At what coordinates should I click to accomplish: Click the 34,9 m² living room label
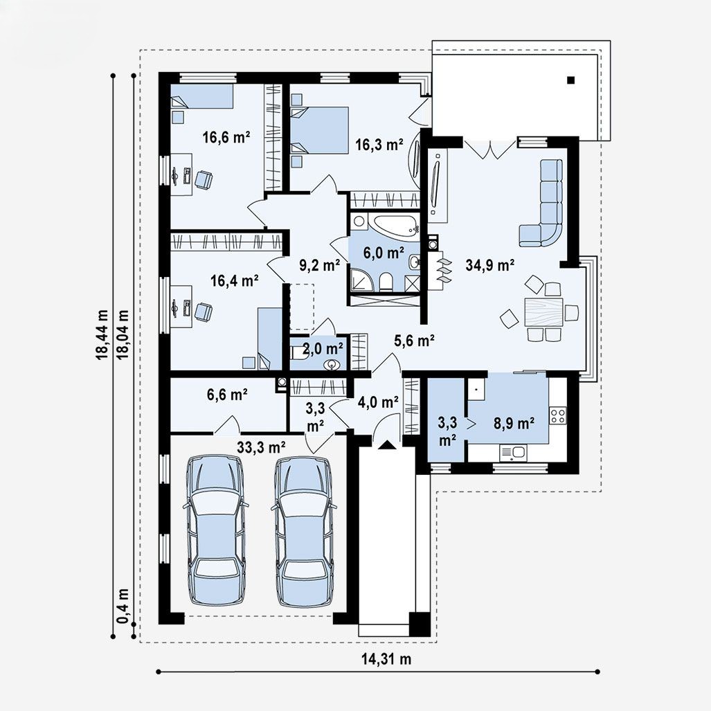click(x=489, y=265)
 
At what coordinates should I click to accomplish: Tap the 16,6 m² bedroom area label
click(x=226, y=136)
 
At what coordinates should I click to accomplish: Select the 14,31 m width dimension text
click(x=386, y=659)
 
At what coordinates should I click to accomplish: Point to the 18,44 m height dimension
click(x=102, y=334)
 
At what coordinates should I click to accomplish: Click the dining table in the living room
click(x=543, y=312)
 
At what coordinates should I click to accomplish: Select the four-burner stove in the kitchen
click(x=557, y=415)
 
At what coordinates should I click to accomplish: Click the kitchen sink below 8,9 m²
click(x=512, y=452)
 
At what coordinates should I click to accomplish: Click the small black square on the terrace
click(x=570, y=80)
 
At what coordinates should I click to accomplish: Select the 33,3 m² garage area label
click(x=261, y=447)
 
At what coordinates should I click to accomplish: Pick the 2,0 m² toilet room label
click(x=323, y=348)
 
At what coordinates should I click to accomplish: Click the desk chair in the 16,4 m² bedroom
click(x=203, y=312)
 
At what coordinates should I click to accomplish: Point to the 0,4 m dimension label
click(x=123, y=606)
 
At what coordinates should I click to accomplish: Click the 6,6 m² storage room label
click(x=227, y=395)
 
